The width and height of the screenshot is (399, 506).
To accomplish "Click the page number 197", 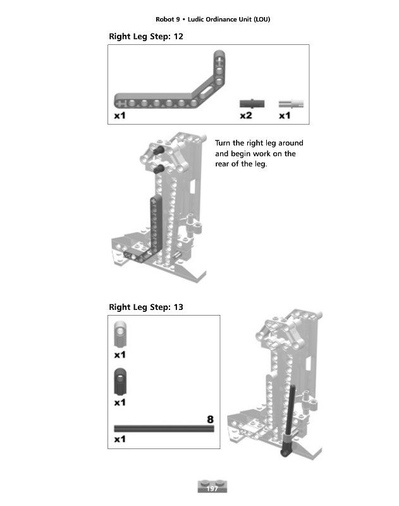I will tap(212, 488).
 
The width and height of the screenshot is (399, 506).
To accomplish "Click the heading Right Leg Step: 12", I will tap(146, 37).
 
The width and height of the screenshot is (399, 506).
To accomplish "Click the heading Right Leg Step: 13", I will tap(146, 307).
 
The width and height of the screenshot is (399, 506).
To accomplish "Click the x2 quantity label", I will tap(246, 116).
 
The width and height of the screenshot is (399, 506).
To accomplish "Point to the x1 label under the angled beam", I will tap(120, 116).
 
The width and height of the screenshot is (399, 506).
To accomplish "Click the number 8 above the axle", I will tap(210, 419).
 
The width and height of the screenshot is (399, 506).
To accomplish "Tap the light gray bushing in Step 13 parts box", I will tap(120, 334).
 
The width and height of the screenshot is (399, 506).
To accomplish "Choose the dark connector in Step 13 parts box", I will tap(120, 381).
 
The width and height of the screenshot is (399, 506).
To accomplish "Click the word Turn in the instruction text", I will tap(223, 143).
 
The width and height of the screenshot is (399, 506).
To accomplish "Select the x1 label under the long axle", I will tap(120, 439).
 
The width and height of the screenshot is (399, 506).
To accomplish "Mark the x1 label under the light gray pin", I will tap(285, 116).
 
